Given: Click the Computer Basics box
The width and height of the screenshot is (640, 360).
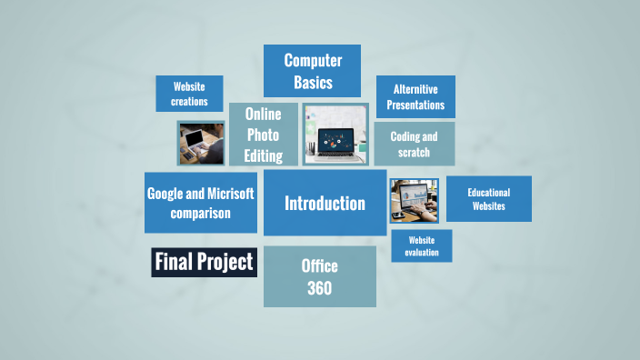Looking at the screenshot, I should tap(312, 71).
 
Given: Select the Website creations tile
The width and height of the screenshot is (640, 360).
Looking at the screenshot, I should tap(189, 94).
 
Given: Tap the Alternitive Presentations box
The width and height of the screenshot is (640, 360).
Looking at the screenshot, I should tap(415, 96).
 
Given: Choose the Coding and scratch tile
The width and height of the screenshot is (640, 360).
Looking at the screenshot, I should tap(414, 144).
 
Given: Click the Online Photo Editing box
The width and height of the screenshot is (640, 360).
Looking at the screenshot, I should tap(263, 134).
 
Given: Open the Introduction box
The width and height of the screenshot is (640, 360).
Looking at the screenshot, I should tap(325, 203).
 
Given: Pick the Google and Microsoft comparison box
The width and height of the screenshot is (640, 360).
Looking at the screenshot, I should tap(201, 202).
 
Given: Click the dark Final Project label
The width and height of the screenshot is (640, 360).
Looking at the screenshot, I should tap(204, 263).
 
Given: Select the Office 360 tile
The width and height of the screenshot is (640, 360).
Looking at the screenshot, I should tap(319, 276).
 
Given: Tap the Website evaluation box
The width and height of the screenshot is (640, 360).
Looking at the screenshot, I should tap(422, 245).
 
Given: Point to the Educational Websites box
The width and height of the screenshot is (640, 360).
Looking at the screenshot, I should tap(488, 198).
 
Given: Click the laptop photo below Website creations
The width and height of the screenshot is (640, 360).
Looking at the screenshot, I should tap(201, 143).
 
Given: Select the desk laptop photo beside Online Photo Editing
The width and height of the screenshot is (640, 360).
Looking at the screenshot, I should tap(335, 135).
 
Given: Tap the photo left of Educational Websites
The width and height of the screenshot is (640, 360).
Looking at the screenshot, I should tap(414, 200).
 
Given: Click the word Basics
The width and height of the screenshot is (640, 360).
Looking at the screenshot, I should tap(313, 83).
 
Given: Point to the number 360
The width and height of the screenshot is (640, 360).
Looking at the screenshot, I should tap(319, 289).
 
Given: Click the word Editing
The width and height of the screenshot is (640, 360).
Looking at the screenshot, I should tap(263, 155).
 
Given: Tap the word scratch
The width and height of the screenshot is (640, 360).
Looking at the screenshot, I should tap(414, 153).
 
